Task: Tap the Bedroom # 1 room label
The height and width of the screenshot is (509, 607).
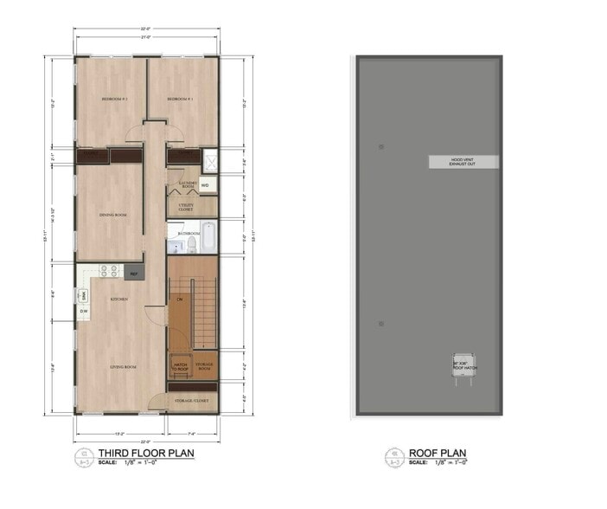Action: [x=179, y=100]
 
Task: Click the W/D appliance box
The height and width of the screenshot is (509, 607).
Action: [x=206, y=185]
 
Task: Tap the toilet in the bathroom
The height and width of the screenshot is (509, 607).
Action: [x=193, y=245]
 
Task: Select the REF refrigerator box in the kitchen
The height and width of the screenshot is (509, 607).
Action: [x=134, y=274]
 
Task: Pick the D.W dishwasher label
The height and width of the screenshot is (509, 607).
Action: [x=84, y=312]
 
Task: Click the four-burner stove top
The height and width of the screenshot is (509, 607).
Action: [x=110, y=271]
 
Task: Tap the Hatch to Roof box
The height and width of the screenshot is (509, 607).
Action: [x=181, y=366]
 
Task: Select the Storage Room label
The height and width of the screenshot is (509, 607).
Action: [x=204, y=366]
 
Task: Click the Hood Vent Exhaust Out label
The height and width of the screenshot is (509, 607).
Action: [x=463, y=162]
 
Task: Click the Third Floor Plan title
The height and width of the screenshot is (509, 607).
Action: [x=146, y=453]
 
